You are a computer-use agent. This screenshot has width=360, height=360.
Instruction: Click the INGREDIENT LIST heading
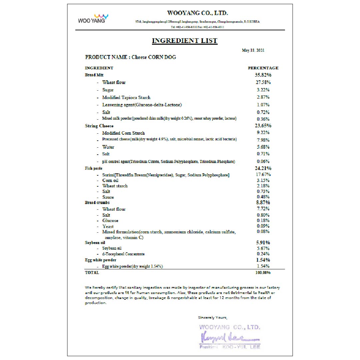coord(184,41)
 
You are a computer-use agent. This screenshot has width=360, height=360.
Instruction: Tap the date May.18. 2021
coord(253,50)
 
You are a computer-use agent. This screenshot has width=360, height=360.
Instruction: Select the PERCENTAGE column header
coord(263,68)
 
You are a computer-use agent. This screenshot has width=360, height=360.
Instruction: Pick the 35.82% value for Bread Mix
coord(263,75)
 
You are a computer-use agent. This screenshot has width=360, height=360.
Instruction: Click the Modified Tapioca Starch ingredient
coord(126,98)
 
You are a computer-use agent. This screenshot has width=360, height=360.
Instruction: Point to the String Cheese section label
coord(99,126)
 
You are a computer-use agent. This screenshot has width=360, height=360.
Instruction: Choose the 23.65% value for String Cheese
coord(263,126)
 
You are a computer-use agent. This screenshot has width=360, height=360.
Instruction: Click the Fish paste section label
coord(94,169)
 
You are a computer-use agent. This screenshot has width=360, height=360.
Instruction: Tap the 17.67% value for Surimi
coord(263,175)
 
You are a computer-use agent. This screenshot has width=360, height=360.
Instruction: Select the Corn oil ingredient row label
coord(110,180)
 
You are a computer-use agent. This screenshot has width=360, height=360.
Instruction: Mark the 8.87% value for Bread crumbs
coord(263,202)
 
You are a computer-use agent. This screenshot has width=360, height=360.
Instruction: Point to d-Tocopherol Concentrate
coord(123,254)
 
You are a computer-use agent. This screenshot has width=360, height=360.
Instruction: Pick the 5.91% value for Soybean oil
coord(263,243)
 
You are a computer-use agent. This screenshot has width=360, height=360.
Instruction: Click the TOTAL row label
coord(92,273)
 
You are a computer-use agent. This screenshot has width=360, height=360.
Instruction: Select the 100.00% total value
coord(263,273)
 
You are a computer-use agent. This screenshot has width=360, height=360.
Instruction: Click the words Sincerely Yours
coord(213,317)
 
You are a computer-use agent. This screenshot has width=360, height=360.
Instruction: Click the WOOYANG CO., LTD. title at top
coord(197,13)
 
